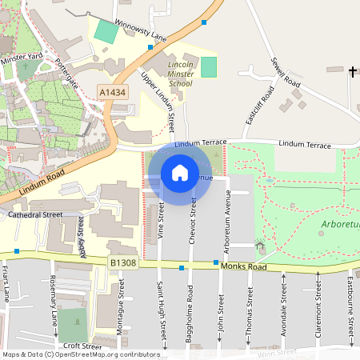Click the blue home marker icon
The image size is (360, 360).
click(x=180, y=173)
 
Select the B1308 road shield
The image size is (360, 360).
click(x=123, y=262)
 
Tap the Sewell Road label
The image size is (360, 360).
click(x=285, y=72)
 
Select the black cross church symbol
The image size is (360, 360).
click(x=353, y=72)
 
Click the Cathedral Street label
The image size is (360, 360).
click(x=35, y=215)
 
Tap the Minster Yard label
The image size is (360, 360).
click(x=21, y=58)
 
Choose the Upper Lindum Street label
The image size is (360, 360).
click(x=158, y=102)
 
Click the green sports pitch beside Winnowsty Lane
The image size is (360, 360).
click(x=106, y=32)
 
